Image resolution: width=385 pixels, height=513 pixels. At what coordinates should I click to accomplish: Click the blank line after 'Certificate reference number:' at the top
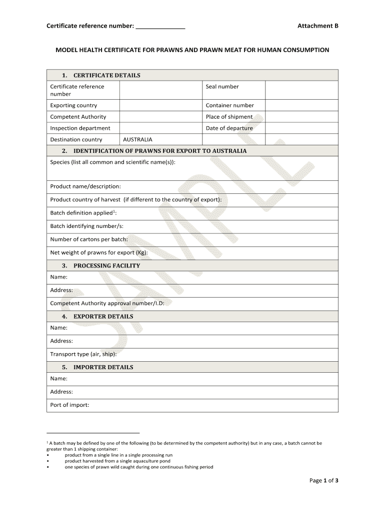click(160, 26)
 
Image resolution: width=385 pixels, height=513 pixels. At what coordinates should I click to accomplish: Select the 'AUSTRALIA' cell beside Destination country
click(137, 140)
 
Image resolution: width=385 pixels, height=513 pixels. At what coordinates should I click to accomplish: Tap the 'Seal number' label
click(222, 87)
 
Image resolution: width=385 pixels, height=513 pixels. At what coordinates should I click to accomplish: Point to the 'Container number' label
click(229, 106)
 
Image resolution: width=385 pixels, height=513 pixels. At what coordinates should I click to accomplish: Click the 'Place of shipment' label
click(229, 117)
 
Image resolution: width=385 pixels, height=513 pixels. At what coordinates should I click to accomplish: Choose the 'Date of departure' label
click(229, 128)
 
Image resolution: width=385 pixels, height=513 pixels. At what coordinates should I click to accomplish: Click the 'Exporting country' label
click(73, 106)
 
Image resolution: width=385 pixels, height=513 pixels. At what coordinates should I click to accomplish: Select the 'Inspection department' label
click(80, 128)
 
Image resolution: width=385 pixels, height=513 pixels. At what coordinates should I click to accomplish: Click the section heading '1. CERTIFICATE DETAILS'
click(101, 76)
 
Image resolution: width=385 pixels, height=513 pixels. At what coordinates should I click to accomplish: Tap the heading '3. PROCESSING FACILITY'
click(101, 266)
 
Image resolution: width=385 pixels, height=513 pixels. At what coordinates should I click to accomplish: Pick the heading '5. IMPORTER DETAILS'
click(97, 367)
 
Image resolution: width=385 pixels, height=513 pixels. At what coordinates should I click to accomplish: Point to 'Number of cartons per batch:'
click(88, 239)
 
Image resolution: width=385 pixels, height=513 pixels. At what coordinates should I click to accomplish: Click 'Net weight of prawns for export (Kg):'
click(98, 252)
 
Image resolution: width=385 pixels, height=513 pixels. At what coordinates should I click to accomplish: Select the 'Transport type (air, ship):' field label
click(83, 354)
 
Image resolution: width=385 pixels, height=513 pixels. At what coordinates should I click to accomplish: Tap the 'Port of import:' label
click(69, 405)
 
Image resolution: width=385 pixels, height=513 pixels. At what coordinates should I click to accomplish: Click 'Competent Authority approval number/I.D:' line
click(107, 304)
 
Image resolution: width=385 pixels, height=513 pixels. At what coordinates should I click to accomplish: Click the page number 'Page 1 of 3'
click(323, 480)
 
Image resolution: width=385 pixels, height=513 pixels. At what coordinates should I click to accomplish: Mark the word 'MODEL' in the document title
click(65, 50)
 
